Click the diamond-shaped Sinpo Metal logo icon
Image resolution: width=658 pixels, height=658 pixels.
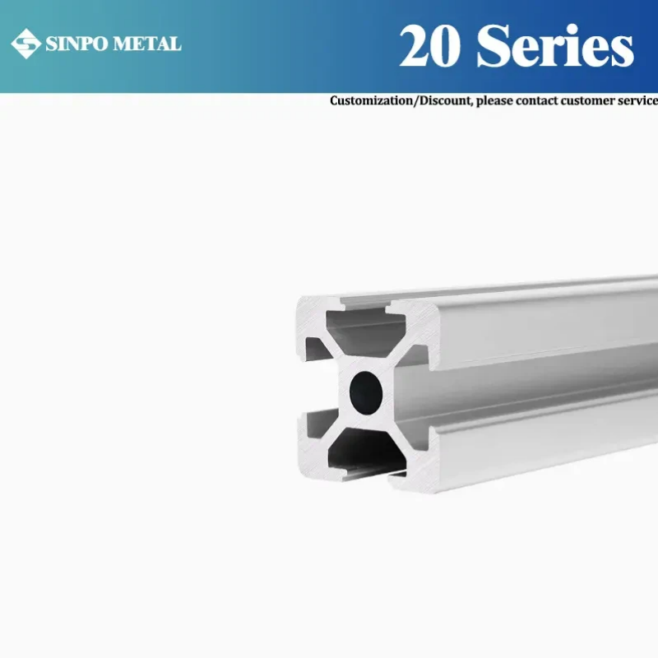coord(25,44)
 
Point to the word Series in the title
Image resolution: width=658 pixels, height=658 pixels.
coord(556,46)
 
